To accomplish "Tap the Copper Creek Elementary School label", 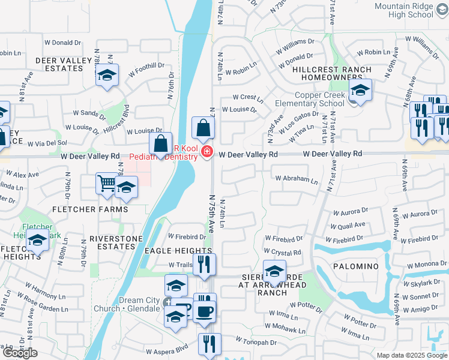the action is [x=310, y=99].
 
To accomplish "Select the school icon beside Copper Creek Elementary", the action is [x=360, y=91].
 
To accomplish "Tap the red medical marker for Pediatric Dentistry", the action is [x=207, y=151].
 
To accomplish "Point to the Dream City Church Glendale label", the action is [x=131, y=304].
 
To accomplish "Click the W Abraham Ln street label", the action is [x=297, y=179].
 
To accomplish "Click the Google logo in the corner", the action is [x=19, y=353].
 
